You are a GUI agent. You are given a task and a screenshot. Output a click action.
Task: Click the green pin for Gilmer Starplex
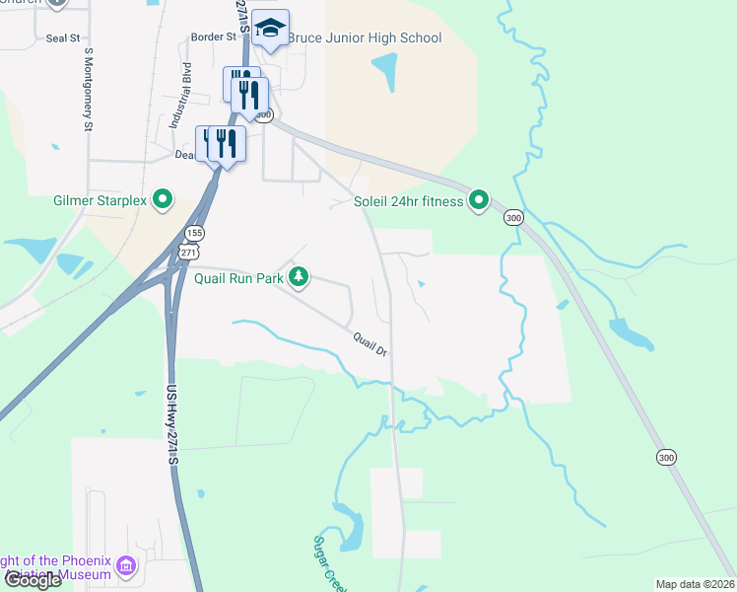(x=164, y=201)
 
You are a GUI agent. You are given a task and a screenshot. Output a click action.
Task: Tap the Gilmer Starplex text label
(x=100, y=201)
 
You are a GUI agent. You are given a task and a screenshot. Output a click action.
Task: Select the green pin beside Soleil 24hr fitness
(x=479, y=201)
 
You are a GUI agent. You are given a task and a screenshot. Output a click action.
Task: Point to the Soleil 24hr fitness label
(x=408, y=202)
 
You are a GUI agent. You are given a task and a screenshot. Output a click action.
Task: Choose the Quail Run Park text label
(x=238, y=278)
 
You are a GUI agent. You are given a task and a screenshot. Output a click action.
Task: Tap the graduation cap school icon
(x=268, y=30)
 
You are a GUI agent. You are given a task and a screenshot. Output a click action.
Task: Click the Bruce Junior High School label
(x=365, y=37)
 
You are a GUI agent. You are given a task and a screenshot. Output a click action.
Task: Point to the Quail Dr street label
(x=370, y=343)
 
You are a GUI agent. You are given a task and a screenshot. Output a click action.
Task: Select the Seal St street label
(x=62, y=37)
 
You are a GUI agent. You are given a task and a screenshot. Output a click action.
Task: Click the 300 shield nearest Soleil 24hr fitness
(x=512, y=217)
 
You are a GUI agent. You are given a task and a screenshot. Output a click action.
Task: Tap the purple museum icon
(x=126, y=567)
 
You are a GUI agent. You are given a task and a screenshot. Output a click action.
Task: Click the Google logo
(x=33, y=579)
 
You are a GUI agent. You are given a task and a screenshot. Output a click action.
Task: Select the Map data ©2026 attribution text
(x=695, y=584)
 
